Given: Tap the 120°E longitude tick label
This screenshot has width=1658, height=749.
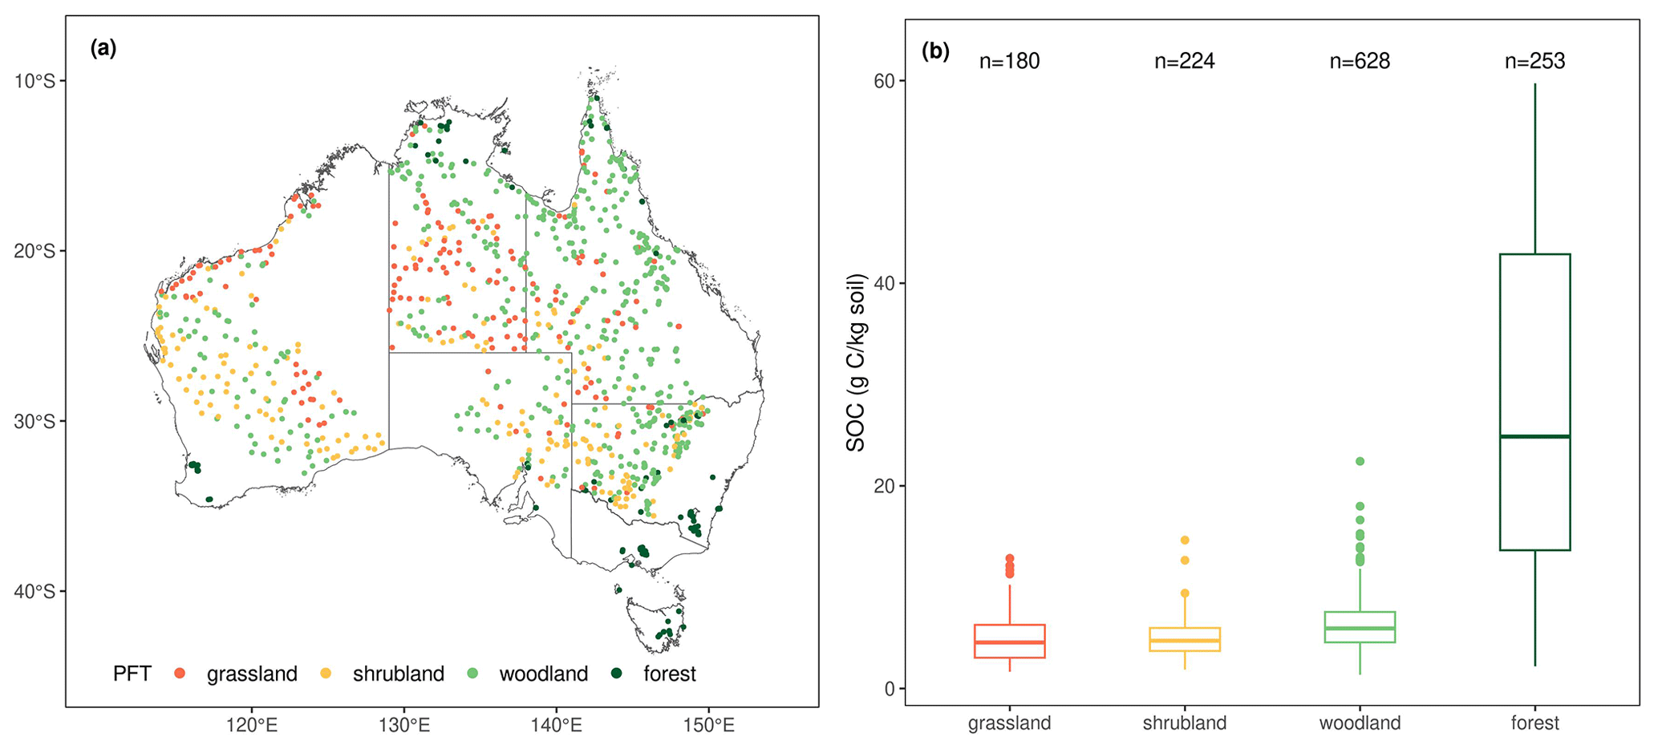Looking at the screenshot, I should [252, 725].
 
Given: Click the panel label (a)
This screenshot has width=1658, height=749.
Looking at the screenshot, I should [103, 49].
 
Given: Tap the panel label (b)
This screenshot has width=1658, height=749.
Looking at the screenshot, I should [935, 52].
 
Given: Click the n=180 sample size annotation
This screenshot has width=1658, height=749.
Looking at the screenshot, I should [1009, 62].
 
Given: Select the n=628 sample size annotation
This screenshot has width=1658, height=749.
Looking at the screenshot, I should [1360, 62].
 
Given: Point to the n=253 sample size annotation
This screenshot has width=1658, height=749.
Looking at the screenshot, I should [1534, 62].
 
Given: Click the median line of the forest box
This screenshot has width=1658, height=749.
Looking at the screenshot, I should [1534, 436].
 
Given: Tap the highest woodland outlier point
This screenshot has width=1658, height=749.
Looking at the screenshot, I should [1360, 461].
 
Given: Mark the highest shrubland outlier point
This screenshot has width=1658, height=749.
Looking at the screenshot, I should [1185, 540].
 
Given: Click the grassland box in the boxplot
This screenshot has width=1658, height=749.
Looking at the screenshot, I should [1009, 641].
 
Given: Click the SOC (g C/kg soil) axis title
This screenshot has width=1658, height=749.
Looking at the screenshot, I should [857, 362].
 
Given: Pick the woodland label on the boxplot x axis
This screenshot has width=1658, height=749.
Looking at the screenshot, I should [1360, 723].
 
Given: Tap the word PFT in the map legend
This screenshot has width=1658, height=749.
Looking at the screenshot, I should [132, 674].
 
